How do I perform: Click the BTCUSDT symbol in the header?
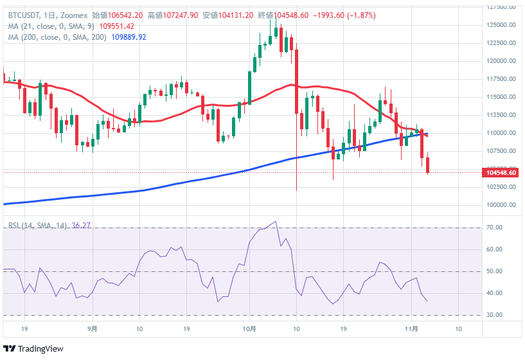coord(24,15)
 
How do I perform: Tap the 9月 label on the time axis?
coord(92,328)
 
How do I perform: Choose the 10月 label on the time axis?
coord(250,328)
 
